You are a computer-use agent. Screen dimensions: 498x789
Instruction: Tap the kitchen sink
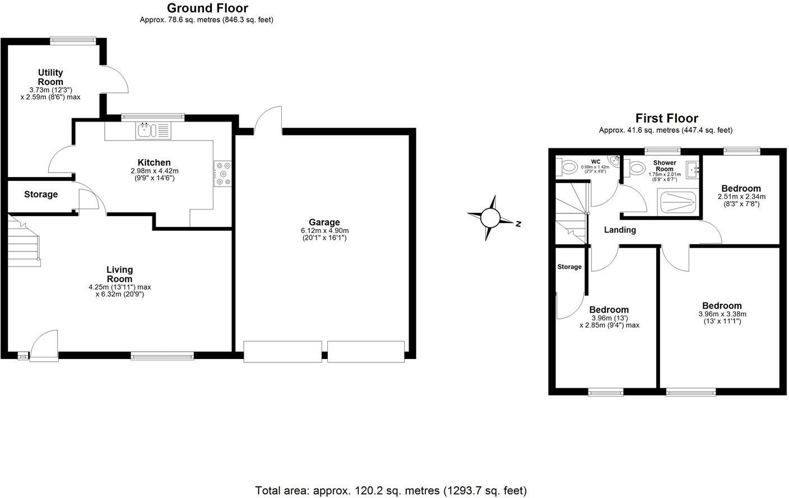point(145,131)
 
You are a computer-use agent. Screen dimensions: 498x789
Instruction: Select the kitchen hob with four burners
point(222,173)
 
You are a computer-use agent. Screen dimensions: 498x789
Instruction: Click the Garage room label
point(324,222)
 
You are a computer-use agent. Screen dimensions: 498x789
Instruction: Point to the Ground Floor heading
point(207,8)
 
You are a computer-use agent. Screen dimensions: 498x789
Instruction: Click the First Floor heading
point(666,118)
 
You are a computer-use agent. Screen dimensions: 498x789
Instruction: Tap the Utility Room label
point(50,77)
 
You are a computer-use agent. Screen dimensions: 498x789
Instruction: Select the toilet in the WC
point(568,166)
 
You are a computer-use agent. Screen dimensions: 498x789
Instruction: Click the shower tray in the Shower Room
point(678,202)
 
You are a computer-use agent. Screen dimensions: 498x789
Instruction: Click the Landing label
point(620,230)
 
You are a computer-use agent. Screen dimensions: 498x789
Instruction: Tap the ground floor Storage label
point(41,194)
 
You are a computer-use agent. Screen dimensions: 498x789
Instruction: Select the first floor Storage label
point(569,267)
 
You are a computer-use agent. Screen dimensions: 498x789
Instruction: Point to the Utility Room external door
point(116,79)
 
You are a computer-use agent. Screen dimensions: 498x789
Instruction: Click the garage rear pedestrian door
point(268,120)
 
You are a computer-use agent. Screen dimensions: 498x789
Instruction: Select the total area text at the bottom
point(391,491)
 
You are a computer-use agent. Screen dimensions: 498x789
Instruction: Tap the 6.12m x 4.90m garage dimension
point(324,231)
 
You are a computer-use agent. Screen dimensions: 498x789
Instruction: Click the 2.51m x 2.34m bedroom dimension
point(741,197)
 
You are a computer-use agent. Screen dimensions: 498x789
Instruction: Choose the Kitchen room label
point(154,163)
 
